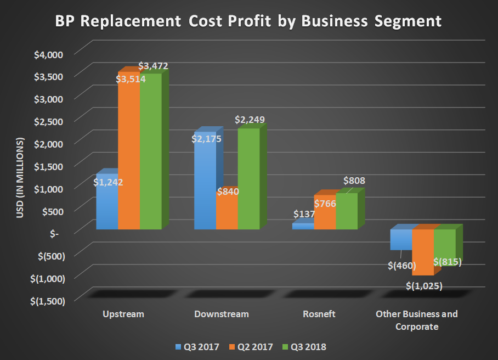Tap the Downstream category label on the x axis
tap(222, 314)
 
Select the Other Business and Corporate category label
tap(416, 320)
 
